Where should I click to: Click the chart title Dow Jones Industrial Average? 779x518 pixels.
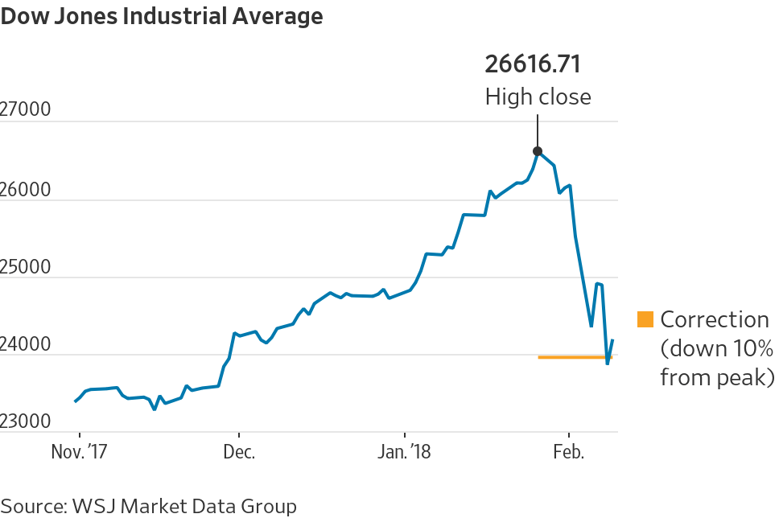pos(162,16)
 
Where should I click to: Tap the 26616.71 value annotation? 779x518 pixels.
pos(532,64)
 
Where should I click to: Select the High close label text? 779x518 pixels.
pos(538,97)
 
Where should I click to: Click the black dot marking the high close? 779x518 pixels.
pos(538,151)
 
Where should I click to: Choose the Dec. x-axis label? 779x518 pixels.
pos(238,452)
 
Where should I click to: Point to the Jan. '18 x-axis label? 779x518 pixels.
pos(405,452)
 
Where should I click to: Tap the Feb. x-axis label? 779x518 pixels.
pos(568,452)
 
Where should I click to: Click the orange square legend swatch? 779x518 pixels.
pos(645,319)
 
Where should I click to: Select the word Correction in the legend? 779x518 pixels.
pos(715,319)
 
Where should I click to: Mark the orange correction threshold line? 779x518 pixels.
pos(575,356)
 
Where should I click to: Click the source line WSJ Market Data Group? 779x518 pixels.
pos(149,506)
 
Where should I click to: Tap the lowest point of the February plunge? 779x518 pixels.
pos(608,364)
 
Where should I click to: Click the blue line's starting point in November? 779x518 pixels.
pos(76,401)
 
